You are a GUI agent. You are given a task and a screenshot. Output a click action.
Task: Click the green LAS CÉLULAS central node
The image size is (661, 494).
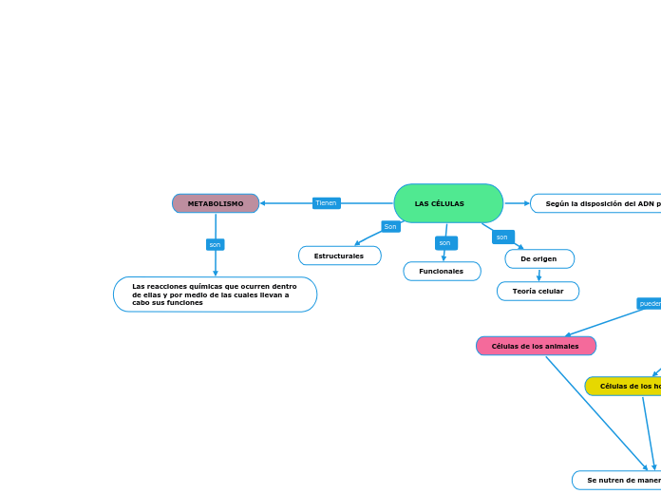click(448, 203)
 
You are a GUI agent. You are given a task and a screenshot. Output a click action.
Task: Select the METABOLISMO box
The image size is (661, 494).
click(216, 203)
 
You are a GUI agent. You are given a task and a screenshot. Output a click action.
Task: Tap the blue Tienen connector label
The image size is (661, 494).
click(326, 203)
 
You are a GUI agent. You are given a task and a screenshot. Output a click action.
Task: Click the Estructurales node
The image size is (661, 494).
click(339, 256)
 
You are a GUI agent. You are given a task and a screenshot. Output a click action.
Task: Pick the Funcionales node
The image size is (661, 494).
click(442, 271)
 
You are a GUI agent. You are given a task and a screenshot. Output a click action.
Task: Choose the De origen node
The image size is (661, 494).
click(538, 258)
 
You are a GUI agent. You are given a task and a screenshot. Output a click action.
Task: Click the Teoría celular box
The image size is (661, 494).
click(538, 291)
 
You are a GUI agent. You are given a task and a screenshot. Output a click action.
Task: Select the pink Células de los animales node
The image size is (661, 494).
click(536, 346)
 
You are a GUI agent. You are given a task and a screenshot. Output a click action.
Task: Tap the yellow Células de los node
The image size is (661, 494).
click(623, 386)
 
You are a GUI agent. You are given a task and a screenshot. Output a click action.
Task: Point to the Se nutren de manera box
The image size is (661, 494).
click(616, 480)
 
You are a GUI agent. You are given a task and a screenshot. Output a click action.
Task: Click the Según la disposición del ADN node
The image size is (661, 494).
click(595, 203)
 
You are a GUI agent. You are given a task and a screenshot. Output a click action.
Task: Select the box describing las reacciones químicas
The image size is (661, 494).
click(215, 294)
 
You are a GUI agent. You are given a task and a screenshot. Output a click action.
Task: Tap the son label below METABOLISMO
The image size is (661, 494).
click(216, 244)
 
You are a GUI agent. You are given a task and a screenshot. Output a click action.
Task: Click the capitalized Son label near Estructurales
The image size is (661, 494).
click(390, 226)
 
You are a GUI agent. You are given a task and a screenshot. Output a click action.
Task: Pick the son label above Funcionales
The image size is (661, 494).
click(445, 243)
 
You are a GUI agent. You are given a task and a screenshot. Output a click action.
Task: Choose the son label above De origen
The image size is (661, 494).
click(502, 237)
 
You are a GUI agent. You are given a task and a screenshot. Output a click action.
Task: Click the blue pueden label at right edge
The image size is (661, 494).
click(650, 303)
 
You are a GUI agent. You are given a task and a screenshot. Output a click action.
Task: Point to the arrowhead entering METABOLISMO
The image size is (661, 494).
click(263, 203)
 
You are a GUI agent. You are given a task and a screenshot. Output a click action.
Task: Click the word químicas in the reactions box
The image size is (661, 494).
click(205, 286)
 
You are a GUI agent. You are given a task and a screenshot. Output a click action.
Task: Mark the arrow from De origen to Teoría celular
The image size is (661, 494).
click(538, 275)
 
